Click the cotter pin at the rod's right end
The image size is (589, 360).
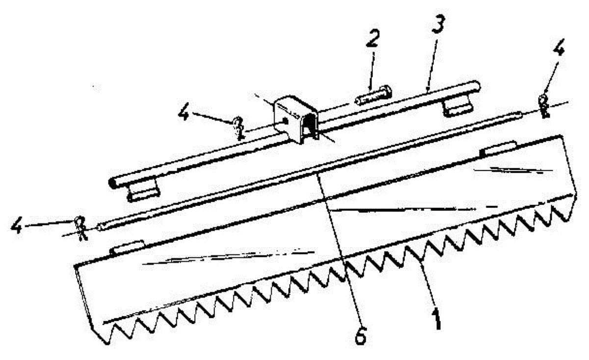click(545, 105)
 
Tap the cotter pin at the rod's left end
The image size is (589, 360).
click(81, 228)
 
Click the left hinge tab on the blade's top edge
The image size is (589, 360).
click(127, 247)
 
